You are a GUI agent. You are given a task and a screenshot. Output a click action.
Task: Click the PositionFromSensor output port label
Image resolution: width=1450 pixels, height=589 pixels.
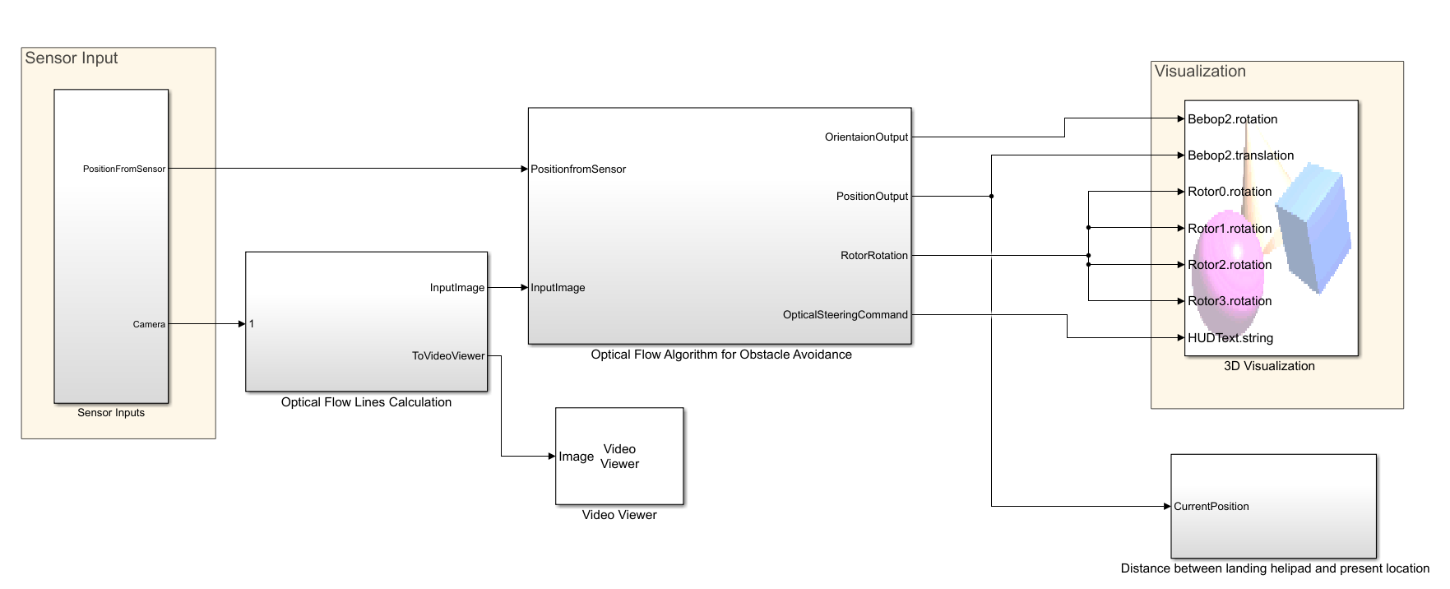pos(123,169)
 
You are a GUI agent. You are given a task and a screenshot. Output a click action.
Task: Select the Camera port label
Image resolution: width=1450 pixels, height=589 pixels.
pos(149,324)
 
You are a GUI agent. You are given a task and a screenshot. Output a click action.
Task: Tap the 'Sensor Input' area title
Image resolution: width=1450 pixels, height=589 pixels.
pos(72,58)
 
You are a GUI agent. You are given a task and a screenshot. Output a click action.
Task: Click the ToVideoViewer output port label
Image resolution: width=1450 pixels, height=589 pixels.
pos(448,356)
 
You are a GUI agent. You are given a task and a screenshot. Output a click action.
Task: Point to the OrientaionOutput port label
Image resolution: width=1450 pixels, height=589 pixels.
pos(866,137)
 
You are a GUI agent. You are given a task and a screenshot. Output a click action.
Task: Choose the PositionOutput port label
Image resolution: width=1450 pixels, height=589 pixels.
pos(872,197)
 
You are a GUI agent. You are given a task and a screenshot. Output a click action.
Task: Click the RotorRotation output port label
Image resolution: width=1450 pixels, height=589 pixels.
pos(873,256)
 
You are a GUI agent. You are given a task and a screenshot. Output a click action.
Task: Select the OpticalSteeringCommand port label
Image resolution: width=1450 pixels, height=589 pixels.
pos(845,315)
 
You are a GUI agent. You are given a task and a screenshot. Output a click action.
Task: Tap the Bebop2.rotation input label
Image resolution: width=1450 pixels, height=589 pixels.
pos(1232,119)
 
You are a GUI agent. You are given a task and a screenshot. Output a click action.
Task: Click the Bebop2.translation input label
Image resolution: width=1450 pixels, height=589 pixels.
pos(1240,155)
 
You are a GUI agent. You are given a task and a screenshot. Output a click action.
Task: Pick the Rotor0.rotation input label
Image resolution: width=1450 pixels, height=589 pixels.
pos(1230,192)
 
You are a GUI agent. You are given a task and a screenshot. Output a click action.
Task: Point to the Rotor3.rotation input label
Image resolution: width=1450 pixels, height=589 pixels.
pos(1230,301)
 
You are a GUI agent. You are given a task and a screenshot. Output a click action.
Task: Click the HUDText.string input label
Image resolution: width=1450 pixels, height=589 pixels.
pos(1230,338)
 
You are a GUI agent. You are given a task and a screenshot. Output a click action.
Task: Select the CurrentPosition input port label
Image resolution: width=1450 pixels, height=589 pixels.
pos(1211,507)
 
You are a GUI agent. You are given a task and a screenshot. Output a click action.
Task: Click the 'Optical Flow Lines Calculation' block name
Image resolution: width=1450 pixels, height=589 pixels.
pos(366,402)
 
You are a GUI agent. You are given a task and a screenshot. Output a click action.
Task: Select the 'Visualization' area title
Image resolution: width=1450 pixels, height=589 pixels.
pos(1200,72)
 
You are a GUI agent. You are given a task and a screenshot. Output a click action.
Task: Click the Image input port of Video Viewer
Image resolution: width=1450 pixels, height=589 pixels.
pos(576,457)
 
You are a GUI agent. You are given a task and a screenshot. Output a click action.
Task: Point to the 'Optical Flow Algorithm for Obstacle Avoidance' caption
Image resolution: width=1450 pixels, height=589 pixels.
pos(721,355)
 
